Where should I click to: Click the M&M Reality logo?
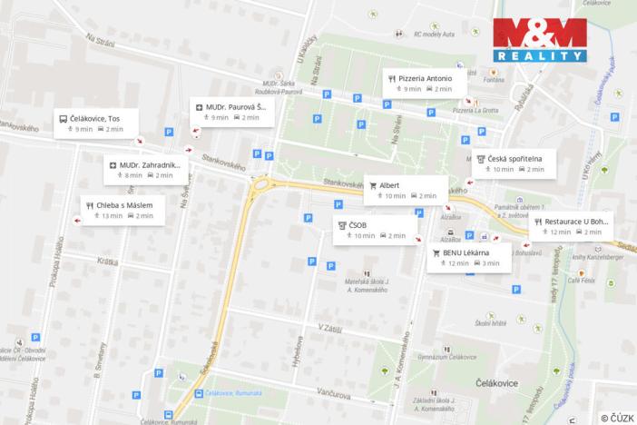point(539,39)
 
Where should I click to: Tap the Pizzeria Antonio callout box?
point(424,84)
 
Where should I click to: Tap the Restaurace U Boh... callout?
point(573,225)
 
